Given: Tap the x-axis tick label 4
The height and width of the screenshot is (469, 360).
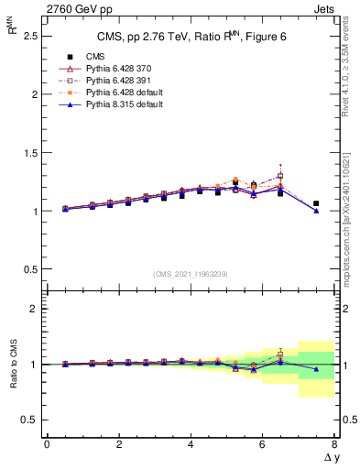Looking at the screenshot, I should point(190,444).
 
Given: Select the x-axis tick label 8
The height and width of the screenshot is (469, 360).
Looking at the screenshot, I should point(333,444).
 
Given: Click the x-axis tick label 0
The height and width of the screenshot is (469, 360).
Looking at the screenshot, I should point(47,444).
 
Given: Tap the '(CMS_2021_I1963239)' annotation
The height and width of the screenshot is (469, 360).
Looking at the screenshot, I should point(190,274).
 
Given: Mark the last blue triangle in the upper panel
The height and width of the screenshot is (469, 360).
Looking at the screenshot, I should point(316,211).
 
